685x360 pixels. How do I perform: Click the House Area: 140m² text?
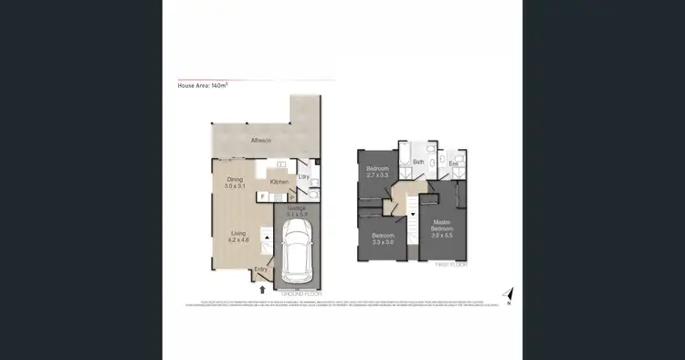[202, 85]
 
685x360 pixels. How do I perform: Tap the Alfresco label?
[262, 141]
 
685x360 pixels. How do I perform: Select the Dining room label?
[235, 183]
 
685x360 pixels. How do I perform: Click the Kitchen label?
[279, 182]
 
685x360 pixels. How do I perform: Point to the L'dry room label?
[304, 176]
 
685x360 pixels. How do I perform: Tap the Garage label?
[298, 211]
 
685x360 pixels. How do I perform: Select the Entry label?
[261, 269]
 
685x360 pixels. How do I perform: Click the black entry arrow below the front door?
[264, 289]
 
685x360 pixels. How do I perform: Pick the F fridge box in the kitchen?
[262, 196]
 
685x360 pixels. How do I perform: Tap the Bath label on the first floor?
[418, 162]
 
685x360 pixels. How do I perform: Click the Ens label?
[454, 164]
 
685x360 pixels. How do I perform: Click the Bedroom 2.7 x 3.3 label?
[378, 172]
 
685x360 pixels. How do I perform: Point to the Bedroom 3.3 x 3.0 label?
[382, 238]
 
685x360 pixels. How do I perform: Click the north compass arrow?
[509, 294]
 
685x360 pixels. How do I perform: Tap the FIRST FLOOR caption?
[450, 263]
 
